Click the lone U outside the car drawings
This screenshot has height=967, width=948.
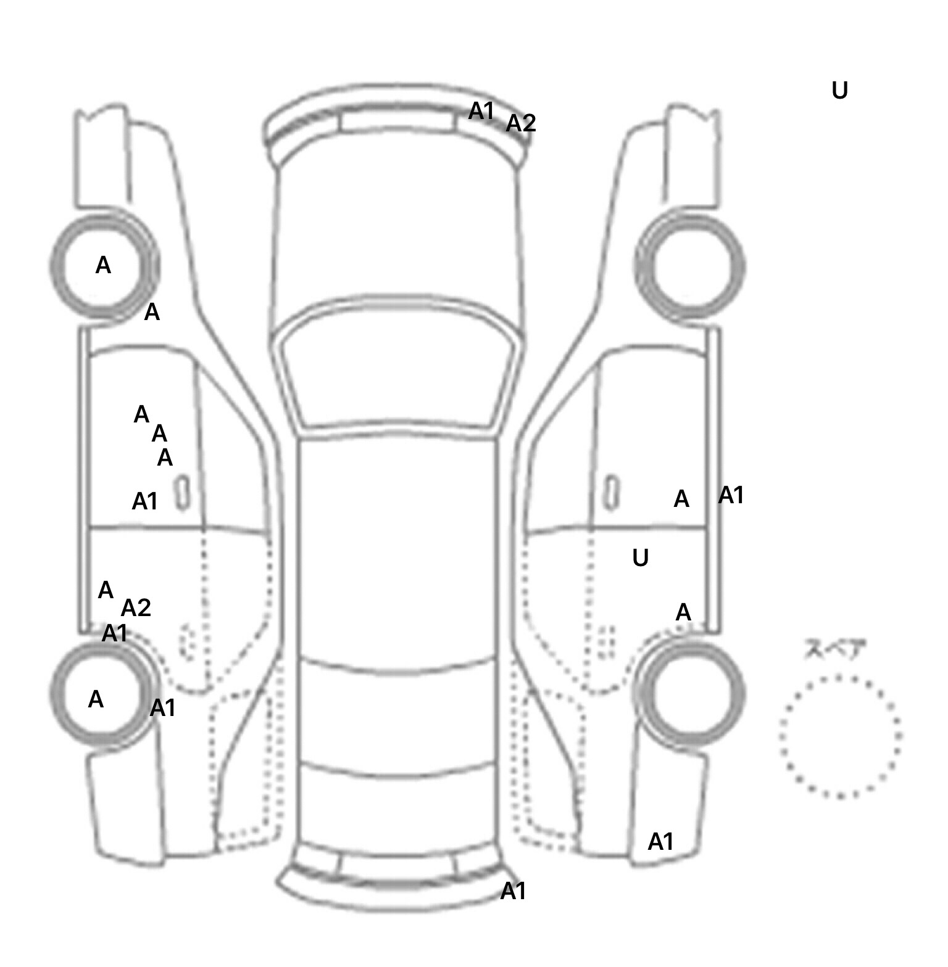[x=839, y=91]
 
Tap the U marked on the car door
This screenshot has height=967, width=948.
[x=640, y=558]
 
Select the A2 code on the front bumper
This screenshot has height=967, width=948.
[x=521, y=123]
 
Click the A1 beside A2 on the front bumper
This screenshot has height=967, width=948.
[x=481, y=111]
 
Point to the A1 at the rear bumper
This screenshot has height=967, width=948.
[x=513, y=891]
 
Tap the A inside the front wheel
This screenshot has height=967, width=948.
[x=103, y=265]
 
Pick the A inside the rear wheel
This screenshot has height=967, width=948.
[x=96, y=699]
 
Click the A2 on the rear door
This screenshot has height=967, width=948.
[x=136, y=608]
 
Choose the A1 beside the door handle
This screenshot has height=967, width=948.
[x=145, y=501]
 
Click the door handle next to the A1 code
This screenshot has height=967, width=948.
[x=182, y=493]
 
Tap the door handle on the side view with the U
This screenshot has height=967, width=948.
[x=610, y=492]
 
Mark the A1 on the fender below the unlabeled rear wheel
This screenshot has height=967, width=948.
[x=660, y=841]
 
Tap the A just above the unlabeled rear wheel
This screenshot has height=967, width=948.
[x=683, y=612]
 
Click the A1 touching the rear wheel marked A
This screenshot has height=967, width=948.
[x=163, y=708]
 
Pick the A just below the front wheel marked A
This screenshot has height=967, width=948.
[x=152, y=313]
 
